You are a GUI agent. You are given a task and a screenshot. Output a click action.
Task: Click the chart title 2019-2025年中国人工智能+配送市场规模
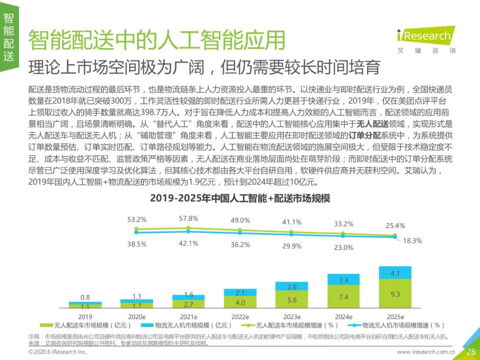(x=240, y=198)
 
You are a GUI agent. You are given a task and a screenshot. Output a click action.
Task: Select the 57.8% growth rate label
(x=188, y=219)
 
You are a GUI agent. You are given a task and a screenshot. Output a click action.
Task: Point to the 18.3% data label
(x=412, y=241)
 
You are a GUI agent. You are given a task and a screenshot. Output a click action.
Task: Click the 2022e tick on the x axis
(x=240, y=317)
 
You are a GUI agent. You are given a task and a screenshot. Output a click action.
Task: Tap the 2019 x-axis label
(x=85, y=317)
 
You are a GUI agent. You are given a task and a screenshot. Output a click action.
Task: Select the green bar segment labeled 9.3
(x=395, y=294)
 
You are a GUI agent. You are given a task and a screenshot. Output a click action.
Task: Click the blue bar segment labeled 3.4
(x=343, y=280)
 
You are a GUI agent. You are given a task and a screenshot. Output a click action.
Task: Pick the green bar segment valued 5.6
(x=292, y=300)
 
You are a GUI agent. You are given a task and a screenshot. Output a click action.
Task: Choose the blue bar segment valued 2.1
(x=240, y=292)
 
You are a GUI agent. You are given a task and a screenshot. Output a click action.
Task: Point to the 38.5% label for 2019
(x=137, y=244)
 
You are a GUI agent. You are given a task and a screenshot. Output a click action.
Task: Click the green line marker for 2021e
(x=188, y=228)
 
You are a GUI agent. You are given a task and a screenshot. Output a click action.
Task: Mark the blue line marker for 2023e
(x=292, y=235)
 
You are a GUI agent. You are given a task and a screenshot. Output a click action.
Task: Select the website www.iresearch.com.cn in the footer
(x=426, y=352)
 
